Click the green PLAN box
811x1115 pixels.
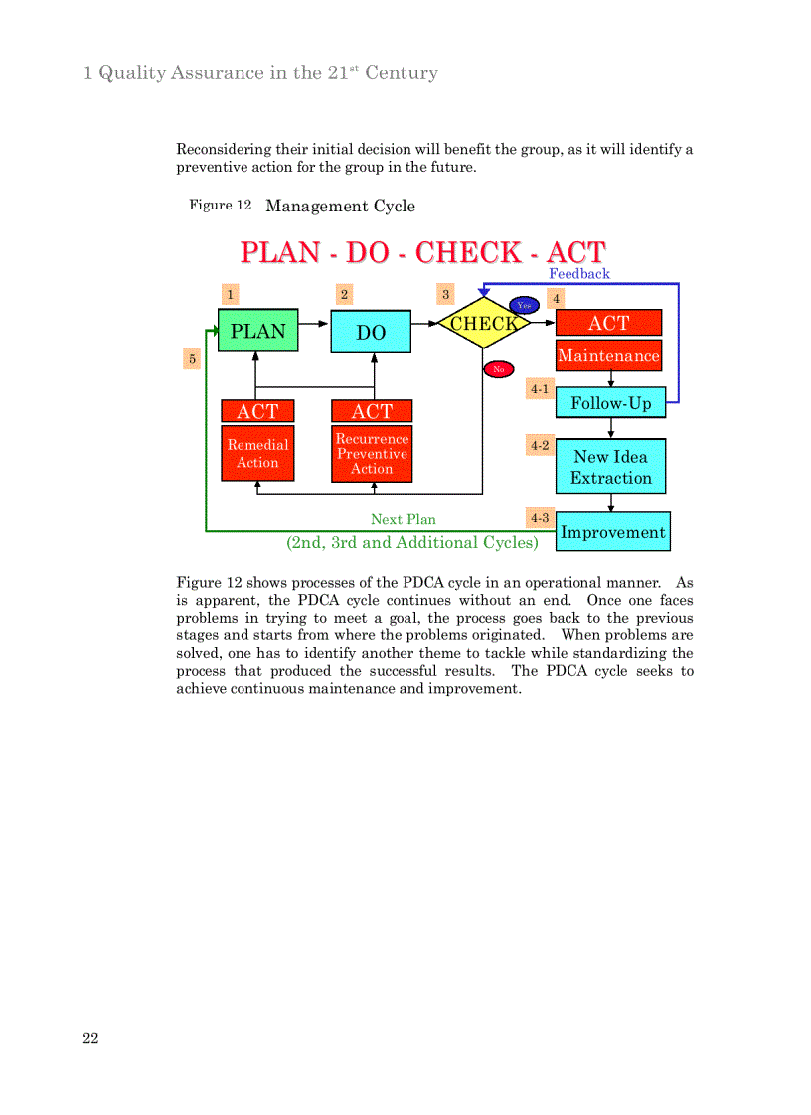click(257, 331)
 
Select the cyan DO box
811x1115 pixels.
click(371, 332)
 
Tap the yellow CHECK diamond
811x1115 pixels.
click(483, 323)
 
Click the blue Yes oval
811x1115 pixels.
click(524, 305)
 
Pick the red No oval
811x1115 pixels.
click(498, 369)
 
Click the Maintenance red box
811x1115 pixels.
click(608, 355)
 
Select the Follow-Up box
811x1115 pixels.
click(610, 403)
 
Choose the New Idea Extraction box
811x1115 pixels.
click(610, 467)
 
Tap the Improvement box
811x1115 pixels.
click(612, 531)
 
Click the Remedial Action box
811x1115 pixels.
click(257, 453)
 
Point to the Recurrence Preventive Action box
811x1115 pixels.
click(371, 453)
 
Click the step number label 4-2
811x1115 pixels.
click(540, 445)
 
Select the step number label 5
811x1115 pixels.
click(192, 358)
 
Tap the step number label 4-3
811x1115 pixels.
click(540, 517)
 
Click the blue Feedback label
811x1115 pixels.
click(579, 273)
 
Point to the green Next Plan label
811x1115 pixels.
click(403, 519)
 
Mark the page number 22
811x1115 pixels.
click(90, 1038)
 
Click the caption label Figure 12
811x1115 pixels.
click(220, 205)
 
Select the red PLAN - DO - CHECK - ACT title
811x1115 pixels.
click(422, 252)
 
